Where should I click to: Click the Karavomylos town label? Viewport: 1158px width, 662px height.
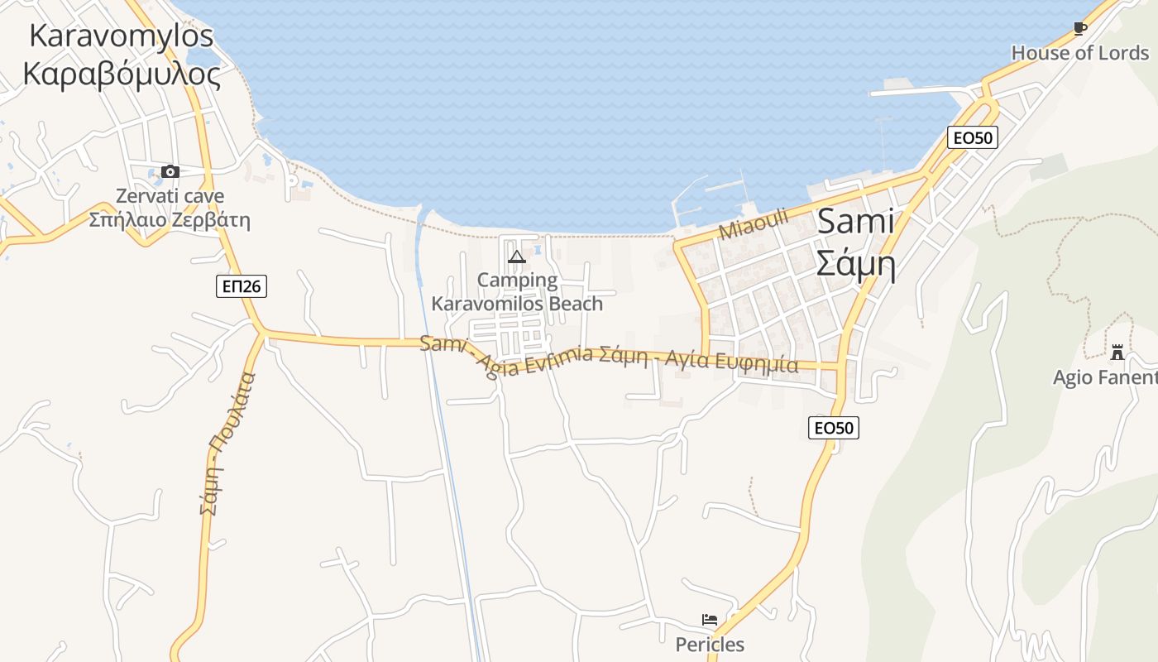coord(122,36)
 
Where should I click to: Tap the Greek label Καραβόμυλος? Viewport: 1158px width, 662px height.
coord(122,74)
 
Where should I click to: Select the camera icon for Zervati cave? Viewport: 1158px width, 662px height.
coord(170,172)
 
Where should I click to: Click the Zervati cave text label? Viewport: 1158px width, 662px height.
coord(170,197)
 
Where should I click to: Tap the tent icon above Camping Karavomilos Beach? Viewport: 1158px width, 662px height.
coord(517,257)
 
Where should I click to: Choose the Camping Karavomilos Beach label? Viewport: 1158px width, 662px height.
coord(518,292)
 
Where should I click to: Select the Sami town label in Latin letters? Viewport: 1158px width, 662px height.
coord(856,222)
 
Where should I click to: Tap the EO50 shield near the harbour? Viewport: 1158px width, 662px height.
coord(973,137)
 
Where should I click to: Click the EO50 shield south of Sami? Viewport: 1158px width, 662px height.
coord(834,427)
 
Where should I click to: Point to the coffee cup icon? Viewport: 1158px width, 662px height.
coord(1079,29)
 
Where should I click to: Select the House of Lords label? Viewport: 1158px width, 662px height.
coord(1080,53)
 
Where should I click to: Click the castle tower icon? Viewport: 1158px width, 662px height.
coord(1117,353)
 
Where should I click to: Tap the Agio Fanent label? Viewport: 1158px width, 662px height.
coord(1105,378)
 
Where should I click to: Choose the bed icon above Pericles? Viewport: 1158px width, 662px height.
coord(710,620)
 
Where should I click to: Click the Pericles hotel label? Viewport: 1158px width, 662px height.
coord(710,645)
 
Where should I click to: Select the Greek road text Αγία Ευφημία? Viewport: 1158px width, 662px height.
coord(731,362)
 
